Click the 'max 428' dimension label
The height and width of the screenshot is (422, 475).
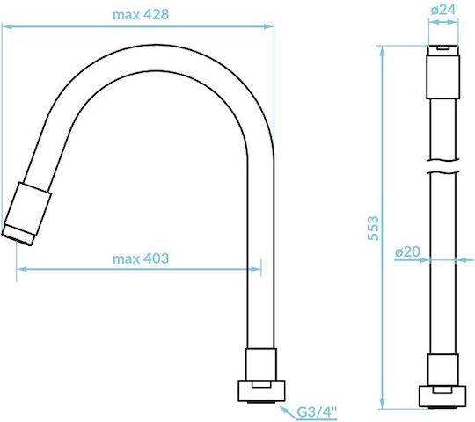coord(141,15)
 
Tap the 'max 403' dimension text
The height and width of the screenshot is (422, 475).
coord(141,258)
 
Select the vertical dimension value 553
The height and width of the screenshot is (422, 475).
coord(373,229)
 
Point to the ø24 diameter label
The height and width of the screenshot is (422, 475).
coord(443,10)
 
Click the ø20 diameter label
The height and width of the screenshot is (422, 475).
coord(408,251)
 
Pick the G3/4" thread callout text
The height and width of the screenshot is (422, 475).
coord(317,412)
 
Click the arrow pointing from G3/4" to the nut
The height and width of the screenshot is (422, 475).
coord(288,412)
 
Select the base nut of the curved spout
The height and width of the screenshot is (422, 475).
coord(261,391)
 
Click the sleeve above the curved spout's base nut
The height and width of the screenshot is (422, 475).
coord(261,365)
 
